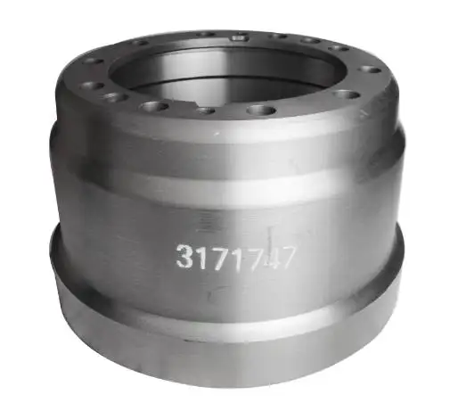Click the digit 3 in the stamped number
(x=184, y=259)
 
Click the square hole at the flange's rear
(x=239, y=37)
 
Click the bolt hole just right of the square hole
(x=276, y=37)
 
